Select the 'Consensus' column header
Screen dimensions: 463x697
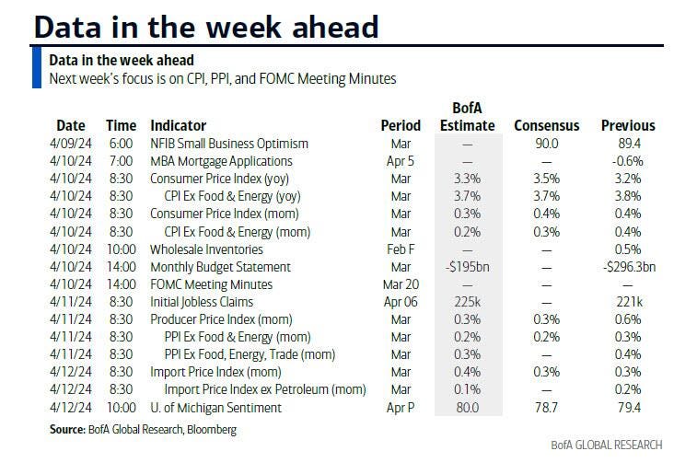(545, 125)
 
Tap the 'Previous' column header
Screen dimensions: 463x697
(628, 125)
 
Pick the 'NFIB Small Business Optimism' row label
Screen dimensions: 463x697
(229, 144)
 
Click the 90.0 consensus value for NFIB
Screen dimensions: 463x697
(545, 144)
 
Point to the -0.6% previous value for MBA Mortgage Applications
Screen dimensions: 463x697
(628, 161)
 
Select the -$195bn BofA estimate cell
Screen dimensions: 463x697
(467, 267)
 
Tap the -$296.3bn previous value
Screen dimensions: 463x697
(628, 267)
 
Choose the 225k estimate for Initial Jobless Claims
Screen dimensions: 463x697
(467, 302)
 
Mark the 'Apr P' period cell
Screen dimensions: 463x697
(401, 407)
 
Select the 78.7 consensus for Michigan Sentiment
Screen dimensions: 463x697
(545, 407)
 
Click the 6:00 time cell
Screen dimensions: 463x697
(121, 144)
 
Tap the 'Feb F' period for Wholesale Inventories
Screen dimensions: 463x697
(401, 249)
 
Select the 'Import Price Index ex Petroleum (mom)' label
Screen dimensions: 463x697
(264, 389)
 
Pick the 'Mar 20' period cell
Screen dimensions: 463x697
(401, 284)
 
